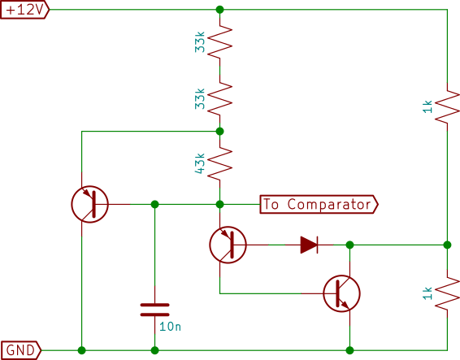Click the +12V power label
24,10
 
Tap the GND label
20,350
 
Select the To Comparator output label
319,204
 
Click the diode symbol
309,245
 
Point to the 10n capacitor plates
155,310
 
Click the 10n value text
170,327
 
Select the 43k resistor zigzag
219,163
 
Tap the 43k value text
200,163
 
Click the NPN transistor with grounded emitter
342,293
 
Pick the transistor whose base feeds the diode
228,245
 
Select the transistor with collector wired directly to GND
89,204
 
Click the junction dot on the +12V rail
219,10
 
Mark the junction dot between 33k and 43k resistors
219,131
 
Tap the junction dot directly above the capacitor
155,204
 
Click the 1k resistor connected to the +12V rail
447,106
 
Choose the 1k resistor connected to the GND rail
447,293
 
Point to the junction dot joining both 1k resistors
447,245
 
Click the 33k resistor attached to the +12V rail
219,42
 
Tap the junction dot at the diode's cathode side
349,245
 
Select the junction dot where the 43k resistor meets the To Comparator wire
219,204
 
